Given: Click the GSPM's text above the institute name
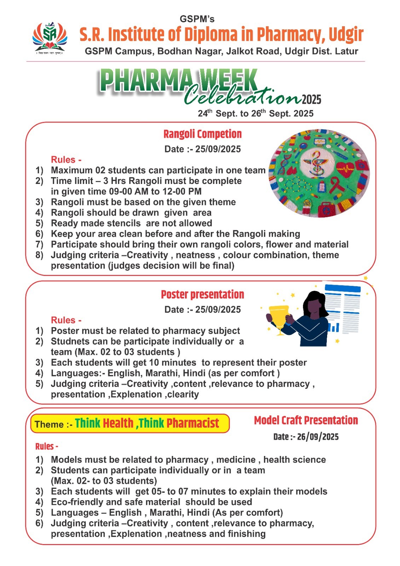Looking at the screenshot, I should click(x=197, y=19).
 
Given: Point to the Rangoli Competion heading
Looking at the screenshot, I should click(x=202, y=134).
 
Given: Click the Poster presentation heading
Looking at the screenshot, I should click(x=202, y=294).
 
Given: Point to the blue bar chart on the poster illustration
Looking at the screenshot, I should click(x=334, y=328).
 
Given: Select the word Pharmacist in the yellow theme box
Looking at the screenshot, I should click(x=193, y=423).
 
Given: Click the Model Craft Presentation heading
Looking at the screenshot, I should click(x=306, y=420).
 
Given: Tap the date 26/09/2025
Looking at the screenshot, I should click(x=318, y=437).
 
